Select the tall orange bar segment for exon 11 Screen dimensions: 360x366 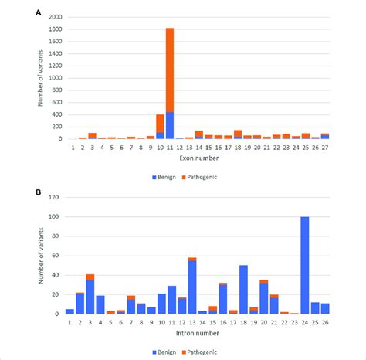coord(170,70)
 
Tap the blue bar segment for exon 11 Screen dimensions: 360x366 coord(170,125)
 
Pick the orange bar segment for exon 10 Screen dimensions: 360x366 coord(160,124)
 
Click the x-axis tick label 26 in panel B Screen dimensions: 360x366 coord(325,322)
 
